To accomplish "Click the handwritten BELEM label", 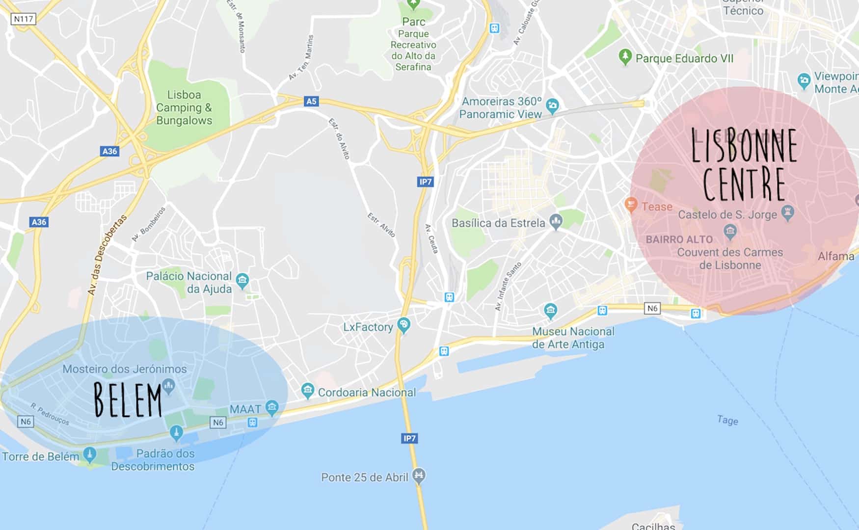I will point(128,400).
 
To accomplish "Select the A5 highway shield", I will point(311,102).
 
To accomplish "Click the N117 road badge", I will point(23,19).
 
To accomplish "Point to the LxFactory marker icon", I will point(403,325).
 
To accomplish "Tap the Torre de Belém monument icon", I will point(89,454).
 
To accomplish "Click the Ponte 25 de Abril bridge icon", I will point(419,475).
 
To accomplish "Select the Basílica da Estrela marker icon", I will point(556,221).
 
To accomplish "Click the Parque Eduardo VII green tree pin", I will point(624,56).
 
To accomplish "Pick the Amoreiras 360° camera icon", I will point(553,105).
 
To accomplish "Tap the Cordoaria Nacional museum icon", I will point(308,391).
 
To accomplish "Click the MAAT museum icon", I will point(271,407).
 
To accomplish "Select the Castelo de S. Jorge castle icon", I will point(788,213).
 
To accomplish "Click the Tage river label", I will point(727,420).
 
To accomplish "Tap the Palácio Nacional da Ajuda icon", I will point(242,281).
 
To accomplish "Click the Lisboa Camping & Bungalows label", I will point(184,107).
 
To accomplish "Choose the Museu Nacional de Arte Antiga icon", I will point(550,310).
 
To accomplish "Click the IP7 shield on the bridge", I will point(409,438).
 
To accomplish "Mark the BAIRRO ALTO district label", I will point(679,239).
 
